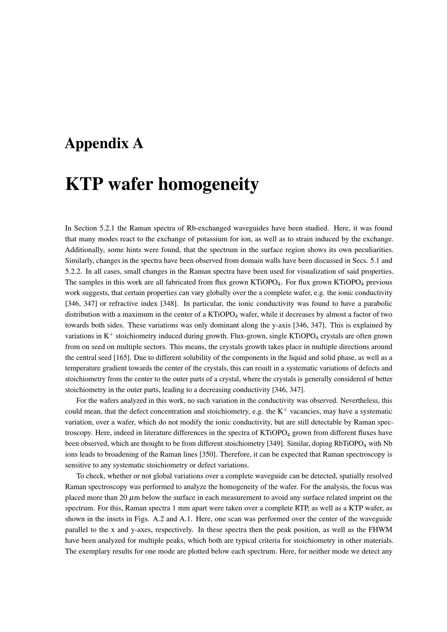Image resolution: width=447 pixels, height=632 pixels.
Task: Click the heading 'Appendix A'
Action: coord(104,144)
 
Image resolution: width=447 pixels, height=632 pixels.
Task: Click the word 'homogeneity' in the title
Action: coord(208,184)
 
